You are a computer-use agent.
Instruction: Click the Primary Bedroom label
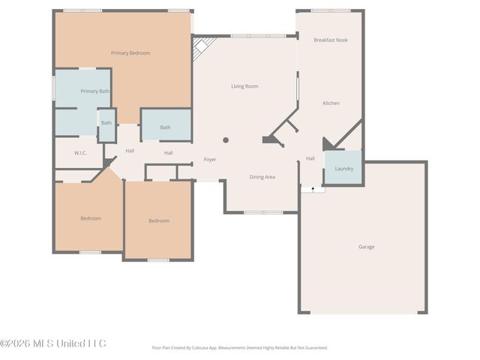coord(130,53)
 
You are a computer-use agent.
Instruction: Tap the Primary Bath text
coord(95,91)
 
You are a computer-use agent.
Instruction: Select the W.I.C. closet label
coord(81,152)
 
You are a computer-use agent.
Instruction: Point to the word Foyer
coord(210,160)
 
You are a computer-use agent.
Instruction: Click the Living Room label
coord(244,86)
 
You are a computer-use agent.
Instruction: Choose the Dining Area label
coord(262,177)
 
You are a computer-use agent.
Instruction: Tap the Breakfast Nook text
coord(330,40)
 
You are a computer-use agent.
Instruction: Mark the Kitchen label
coord(331,103)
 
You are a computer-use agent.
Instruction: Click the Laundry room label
coord(343,169)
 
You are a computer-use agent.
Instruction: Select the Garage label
coord(366,247)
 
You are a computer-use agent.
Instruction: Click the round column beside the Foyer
coord(226,140)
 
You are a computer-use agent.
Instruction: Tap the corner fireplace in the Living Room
coord(202,49)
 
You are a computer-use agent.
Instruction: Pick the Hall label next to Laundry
coord(310,158)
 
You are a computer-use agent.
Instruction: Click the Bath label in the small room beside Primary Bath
coord(106,123)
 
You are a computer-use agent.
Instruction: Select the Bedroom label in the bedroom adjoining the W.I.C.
coord(91,218)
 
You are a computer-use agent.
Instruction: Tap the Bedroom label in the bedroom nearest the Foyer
coord(158,220)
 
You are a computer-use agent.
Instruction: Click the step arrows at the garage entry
coord(313,190)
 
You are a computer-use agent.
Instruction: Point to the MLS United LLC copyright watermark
coord(53,343)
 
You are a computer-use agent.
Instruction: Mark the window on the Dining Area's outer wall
coord(262,212)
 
